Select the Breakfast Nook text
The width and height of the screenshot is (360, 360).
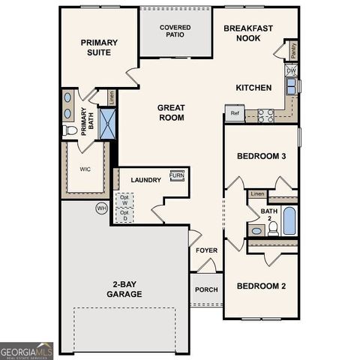(247, 32)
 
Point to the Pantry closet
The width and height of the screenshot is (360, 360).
(293, 50)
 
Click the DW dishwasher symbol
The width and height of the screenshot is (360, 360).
(292, 71)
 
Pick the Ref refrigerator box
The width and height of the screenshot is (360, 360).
(235, 114)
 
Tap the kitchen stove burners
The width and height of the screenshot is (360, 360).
(266, 115)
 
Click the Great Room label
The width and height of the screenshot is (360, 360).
(171, 112)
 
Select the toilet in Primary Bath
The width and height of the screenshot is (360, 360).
(72, 130)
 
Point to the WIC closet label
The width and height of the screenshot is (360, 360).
(85, 169)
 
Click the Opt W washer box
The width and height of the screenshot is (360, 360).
(124, 200)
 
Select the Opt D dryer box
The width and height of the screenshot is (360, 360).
(124, 216)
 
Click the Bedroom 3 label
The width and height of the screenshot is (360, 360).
(261, 156)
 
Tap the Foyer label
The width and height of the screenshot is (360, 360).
(206, 251)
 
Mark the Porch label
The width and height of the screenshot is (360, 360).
(206, 289)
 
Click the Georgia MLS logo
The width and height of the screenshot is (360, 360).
(27, 351)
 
